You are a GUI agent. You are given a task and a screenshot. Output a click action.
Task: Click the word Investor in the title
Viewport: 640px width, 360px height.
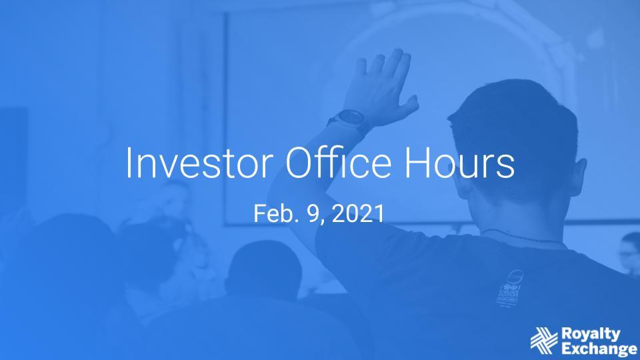click(199, 162)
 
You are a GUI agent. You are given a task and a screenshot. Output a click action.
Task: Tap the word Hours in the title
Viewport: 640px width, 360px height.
click(459, 162)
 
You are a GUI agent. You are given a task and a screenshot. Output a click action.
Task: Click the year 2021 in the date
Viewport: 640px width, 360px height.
click(358, 213)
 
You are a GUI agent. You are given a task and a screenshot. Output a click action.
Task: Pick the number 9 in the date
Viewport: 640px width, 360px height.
click(314, 213)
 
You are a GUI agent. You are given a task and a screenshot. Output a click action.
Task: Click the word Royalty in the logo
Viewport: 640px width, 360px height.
click(591, 335)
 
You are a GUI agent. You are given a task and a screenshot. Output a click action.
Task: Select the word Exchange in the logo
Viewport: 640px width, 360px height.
click(599, 349)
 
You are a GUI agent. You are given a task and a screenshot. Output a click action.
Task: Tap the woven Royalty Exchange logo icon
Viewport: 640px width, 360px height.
click(544, 341)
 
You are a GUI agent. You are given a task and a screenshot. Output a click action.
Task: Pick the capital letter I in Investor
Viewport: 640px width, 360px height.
click(128, 163)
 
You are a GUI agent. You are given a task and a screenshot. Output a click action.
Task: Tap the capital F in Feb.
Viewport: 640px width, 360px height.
click(259, 213)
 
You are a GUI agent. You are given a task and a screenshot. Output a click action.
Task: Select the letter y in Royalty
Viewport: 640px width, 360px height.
click(615, 336)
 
